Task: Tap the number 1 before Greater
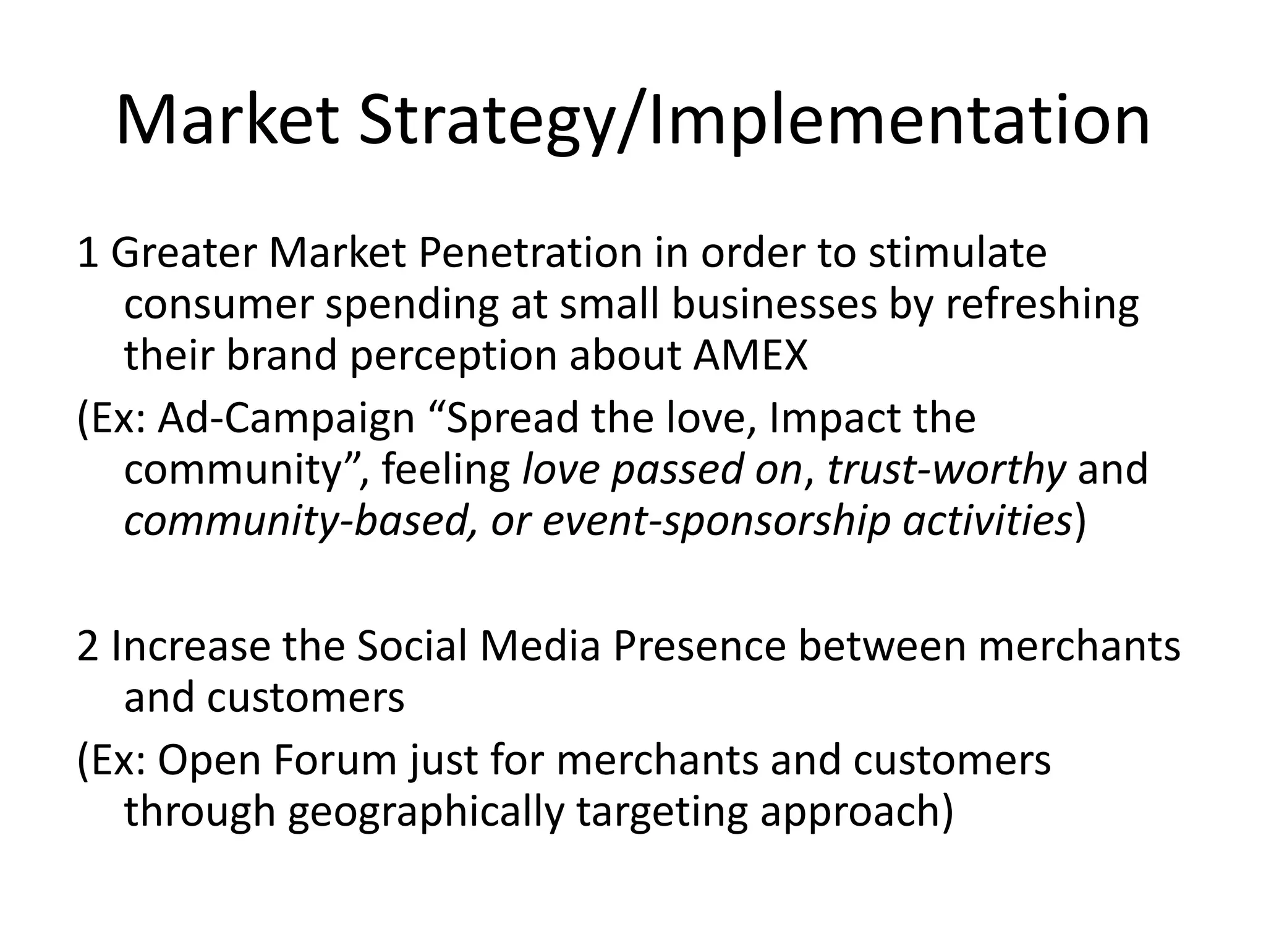[x=87, y=254]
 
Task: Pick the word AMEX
[x=750, y=356]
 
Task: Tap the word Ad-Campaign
[x=286, y=419]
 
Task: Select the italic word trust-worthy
[x=946, y=470]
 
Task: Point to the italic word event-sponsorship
[x=716, y=521]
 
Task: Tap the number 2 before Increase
[x=88, y=646]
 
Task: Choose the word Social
[x=410, y=646]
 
